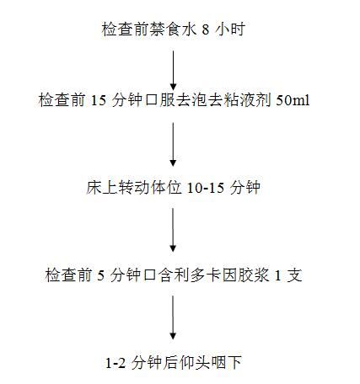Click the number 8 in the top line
[206, 29]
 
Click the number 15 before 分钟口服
[99, 100]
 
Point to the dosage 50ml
[293, 100]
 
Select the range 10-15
[206, 188]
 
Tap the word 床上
[101, 188]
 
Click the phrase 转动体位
[149, 188]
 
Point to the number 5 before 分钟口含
[100, 275]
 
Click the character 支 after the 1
[294, 275]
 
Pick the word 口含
[158, 275]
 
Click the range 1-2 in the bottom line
[116, 363]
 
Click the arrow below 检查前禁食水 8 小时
[173, 71]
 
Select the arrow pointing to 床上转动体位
[173, 145]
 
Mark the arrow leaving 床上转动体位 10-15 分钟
[173, 230]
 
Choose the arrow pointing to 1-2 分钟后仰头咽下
[173, 317]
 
